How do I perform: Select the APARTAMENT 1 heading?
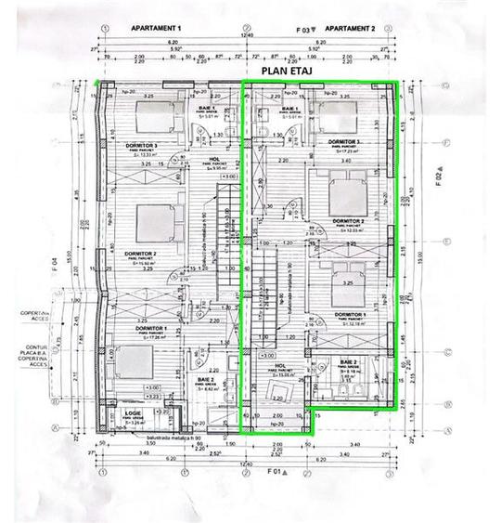click(157, 28)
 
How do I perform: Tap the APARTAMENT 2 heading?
click(351, 28)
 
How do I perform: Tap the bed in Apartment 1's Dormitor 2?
click(154, 222)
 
